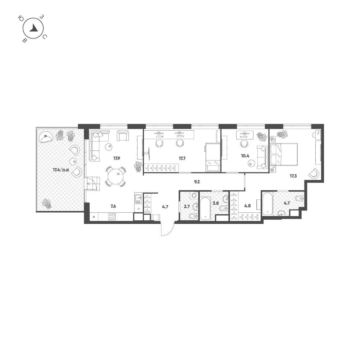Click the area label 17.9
[x=117, y=158]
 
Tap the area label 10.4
[x=245, y=156]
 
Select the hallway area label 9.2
[x=197, y=182]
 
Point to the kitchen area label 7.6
[x=113, y=206]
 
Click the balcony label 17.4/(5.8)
[x=61, y=170]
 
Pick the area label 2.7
[x=186, y=206]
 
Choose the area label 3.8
[x=216, y=203]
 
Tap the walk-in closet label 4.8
[x=247, y=206]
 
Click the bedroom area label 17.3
[x=293, y=176]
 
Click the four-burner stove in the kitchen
[x=112, y=217]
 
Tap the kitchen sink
[x=138, y=199]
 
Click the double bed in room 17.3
[x=284, y=154]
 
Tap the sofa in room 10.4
[x=262, y=157]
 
